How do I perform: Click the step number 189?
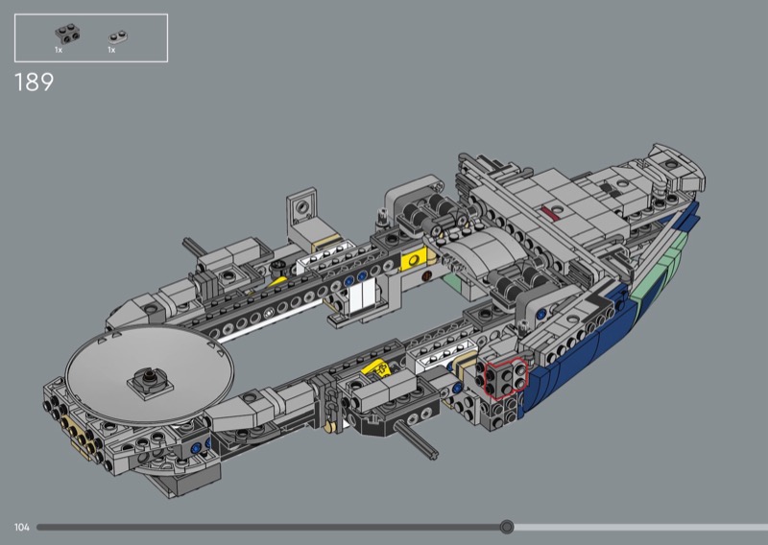click(x=34, y=83)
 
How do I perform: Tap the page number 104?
click(x=21, y=528)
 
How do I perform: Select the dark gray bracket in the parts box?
click(x=67, y=35)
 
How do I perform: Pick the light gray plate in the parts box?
click(x=118, y=37)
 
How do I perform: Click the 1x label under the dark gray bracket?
click(x=59, y=50)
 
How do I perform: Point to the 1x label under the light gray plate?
click(x=111, y=50)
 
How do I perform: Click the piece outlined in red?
click(x=506, y=378)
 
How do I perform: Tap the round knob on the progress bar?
click(x=507, y=527)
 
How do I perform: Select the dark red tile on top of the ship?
click(x=550, y=211)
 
